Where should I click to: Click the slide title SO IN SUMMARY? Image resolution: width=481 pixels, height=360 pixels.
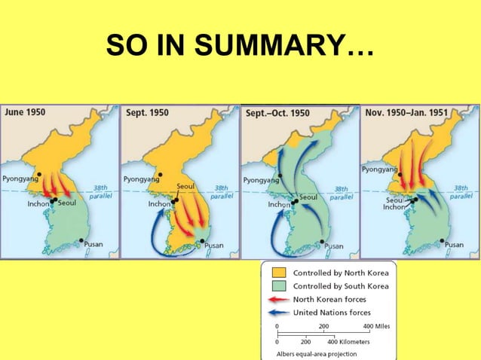(x=239, y=46)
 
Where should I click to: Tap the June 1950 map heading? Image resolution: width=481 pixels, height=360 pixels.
(x=26, y=113)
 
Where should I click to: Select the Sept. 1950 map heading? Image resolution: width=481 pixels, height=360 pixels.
(x=148, y=113)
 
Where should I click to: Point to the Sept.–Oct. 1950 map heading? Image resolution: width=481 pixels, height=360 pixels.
(x=277, y=113)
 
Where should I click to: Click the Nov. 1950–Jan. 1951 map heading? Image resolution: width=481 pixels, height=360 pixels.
(x=406, y=113)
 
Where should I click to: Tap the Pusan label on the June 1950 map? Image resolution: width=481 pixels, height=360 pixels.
(x=96, y=244)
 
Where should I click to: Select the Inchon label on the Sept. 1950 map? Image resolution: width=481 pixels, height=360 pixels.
(x=159, y=204)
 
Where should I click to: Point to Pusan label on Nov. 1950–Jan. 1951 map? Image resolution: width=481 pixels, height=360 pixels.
(x=454, y=245)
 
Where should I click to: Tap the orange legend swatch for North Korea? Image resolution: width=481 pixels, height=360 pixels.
(x=278, y=273)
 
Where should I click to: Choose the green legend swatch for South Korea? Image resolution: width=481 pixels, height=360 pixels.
(x=278, y=286)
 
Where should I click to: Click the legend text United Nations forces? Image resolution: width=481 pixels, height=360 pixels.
(x=332, y=312)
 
